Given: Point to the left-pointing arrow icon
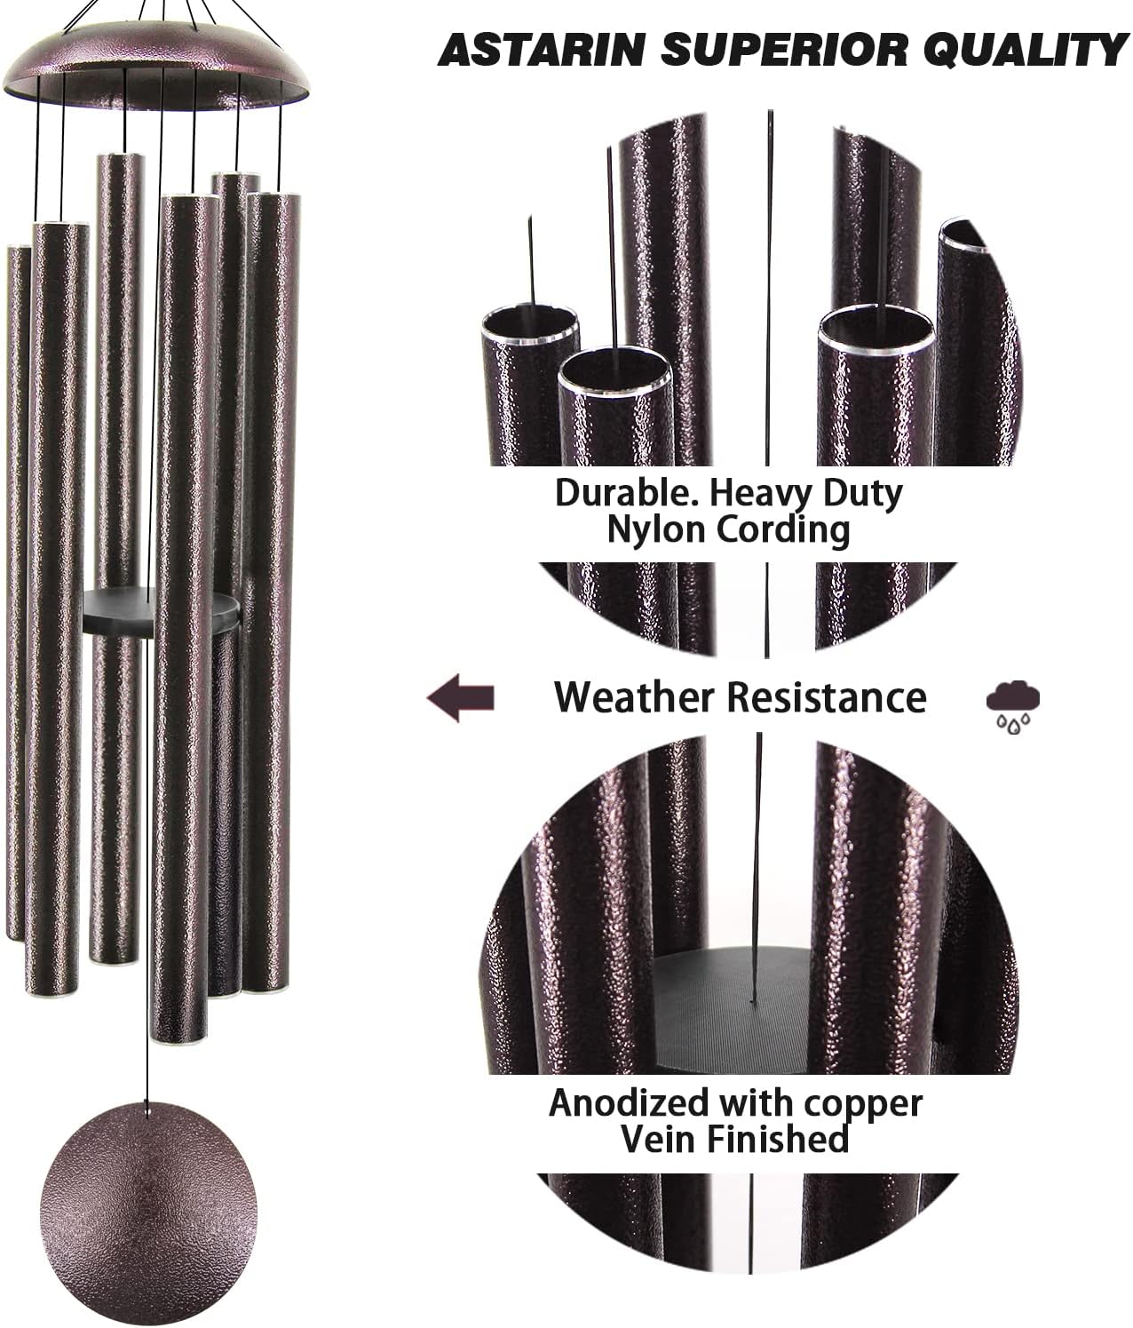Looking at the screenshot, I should pos(460,697).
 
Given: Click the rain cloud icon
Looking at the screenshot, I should pos(1013,705).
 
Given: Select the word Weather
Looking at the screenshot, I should pos(633,697).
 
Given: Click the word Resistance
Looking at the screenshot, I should pos(827,697).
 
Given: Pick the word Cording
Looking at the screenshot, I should pos(782,530).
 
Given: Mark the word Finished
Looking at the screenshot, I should pos(780,1139).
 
